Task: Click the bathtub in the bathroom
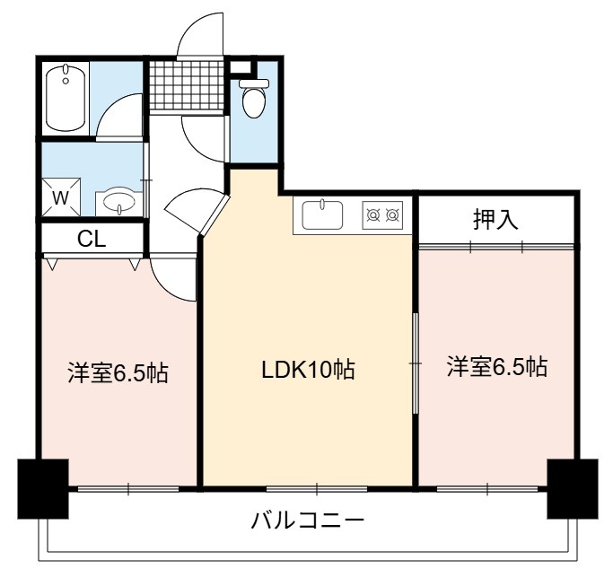pyautogui.click(x=66, y=99)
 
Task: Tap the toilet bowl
pyautogui.click(x=254, y=98)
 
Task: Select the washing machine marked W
pyautogui.click(x=61, y=197)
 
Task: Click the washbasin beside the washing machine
pyautogui.click(x=118, y=202)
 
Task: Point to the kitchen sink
pyautogui.click(x=323, y=214)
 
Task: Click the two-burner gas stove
pyautogui.click(x=382, y=214)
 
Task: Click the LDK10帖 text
pyautogui.click(x=308, y=370)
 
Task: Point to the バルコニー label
pyautogui.click(x=307, y=520)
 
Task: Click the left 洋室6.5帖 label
pyautogui.click(x=118, y=372)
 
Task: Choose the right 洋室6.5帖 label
pyautogui.click(x=497, y=367)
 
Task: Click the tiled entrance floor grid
pyautogui.click(x=187, y=85)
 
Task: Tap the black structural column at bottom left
pyautogui.click(x=43, y=489)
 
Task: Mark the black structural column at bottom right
pyautogui.click(x=573, y=489)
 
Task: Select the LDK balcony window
pyautogui.click(x=317, y=489)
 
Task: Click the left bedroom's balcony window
pyautogui.click(x=128, y=489)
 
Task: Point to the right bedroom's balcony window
pyautogui.click(x=488, y=489)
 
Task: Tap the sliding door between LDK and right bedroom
pyautogui.click(x=416, y=363)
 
